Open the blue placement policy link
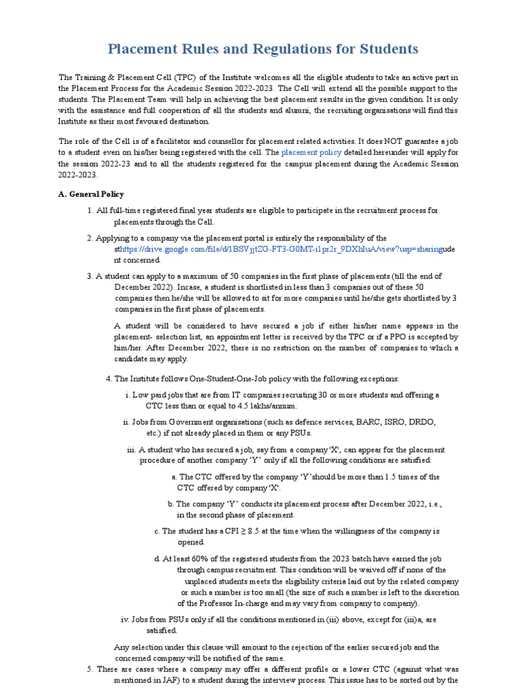point(311,153)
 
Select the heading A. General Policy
point(92,194)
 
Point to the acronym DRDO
point(425,421)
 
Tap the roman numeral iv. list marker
point(125,620)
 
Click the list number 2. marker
point(90,238)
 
